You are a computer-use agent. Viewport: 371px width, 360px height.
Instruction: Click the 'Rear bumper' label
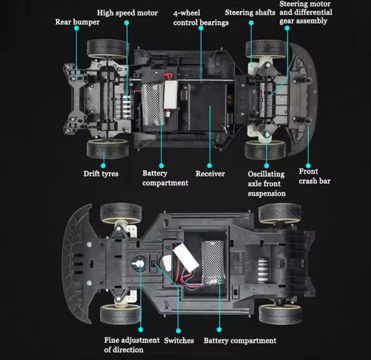coord(77,22)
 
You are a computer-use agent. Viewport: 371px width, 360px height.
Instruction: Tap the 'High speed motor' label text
coord(127,13)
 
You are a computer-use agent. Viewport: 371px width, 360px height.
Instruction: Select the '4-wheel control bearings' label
coord(201,18)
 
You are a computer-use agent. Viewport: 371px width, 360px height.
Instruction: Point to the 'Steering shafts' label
coord(250,13)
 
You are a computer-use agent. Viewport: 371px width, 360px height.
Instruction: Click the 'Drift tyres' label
coord(101,174)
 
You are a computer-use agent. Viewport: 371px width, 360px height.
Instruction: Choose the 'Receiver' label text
coord(210,174)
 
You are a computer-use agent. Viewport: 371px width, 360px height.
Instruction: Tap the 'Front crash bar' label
coord(314,176)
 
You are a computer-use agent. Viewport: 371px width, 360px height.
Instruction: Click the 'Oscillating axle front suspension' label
coord(267,184)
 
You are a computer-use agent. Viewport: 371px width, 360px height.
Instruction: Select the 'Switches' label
coord(179,340)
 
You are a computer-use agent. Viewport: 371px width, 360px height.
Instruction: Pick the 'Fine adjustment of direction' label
coord(132,345)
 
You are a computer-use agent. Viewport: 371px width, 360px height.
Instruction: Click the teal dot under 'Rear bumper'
coord(76,28)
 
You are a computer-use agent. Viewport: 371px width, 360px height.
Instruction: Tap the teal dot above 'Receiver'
coord(210,165)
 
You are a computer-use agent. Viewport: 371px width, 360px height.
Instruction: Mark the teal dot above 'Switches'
coord(179,331)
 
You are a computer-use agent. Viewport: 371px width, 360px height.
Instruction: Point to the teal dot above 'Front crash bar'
coord(308,165)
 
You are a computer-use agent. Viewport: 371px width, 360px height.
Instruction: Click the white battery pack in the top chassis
coord(171,95)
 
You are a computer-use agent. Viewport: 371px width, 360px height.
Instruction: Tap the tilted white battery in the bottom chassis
coord(186,258)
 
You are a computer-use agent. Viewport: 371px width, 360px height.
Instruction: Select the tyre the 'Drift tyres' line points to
coord(108,149)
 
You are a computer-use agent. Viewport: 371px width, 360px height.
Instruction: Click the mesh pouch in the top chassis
coord(153,104)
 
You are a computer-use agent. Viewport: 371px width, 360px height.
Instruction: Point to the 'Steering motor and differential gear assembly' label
coord(306,12)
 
